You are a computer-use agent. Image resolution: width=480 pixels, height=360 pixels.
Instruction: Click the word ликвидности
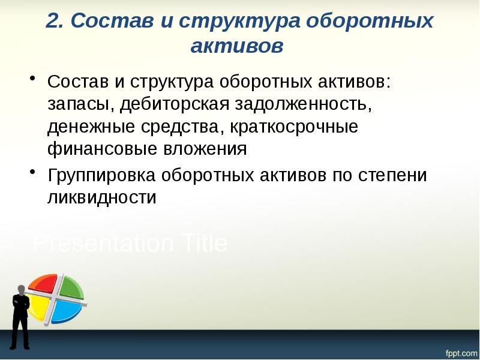[101, 197]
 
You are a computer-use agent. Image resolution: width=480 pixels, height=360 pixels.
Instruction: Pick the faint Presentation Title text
[130, 244]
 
